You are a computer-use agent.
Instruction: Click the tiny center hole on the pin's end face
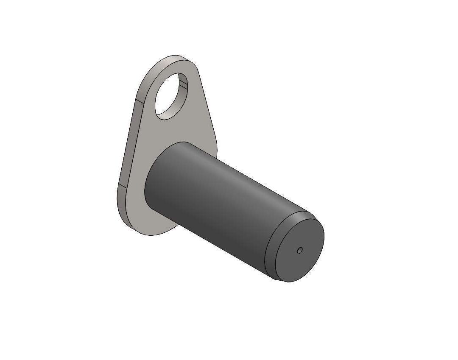click(300, 251)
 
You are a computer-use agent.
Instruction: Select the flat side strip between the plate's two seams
click(129, 144)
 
